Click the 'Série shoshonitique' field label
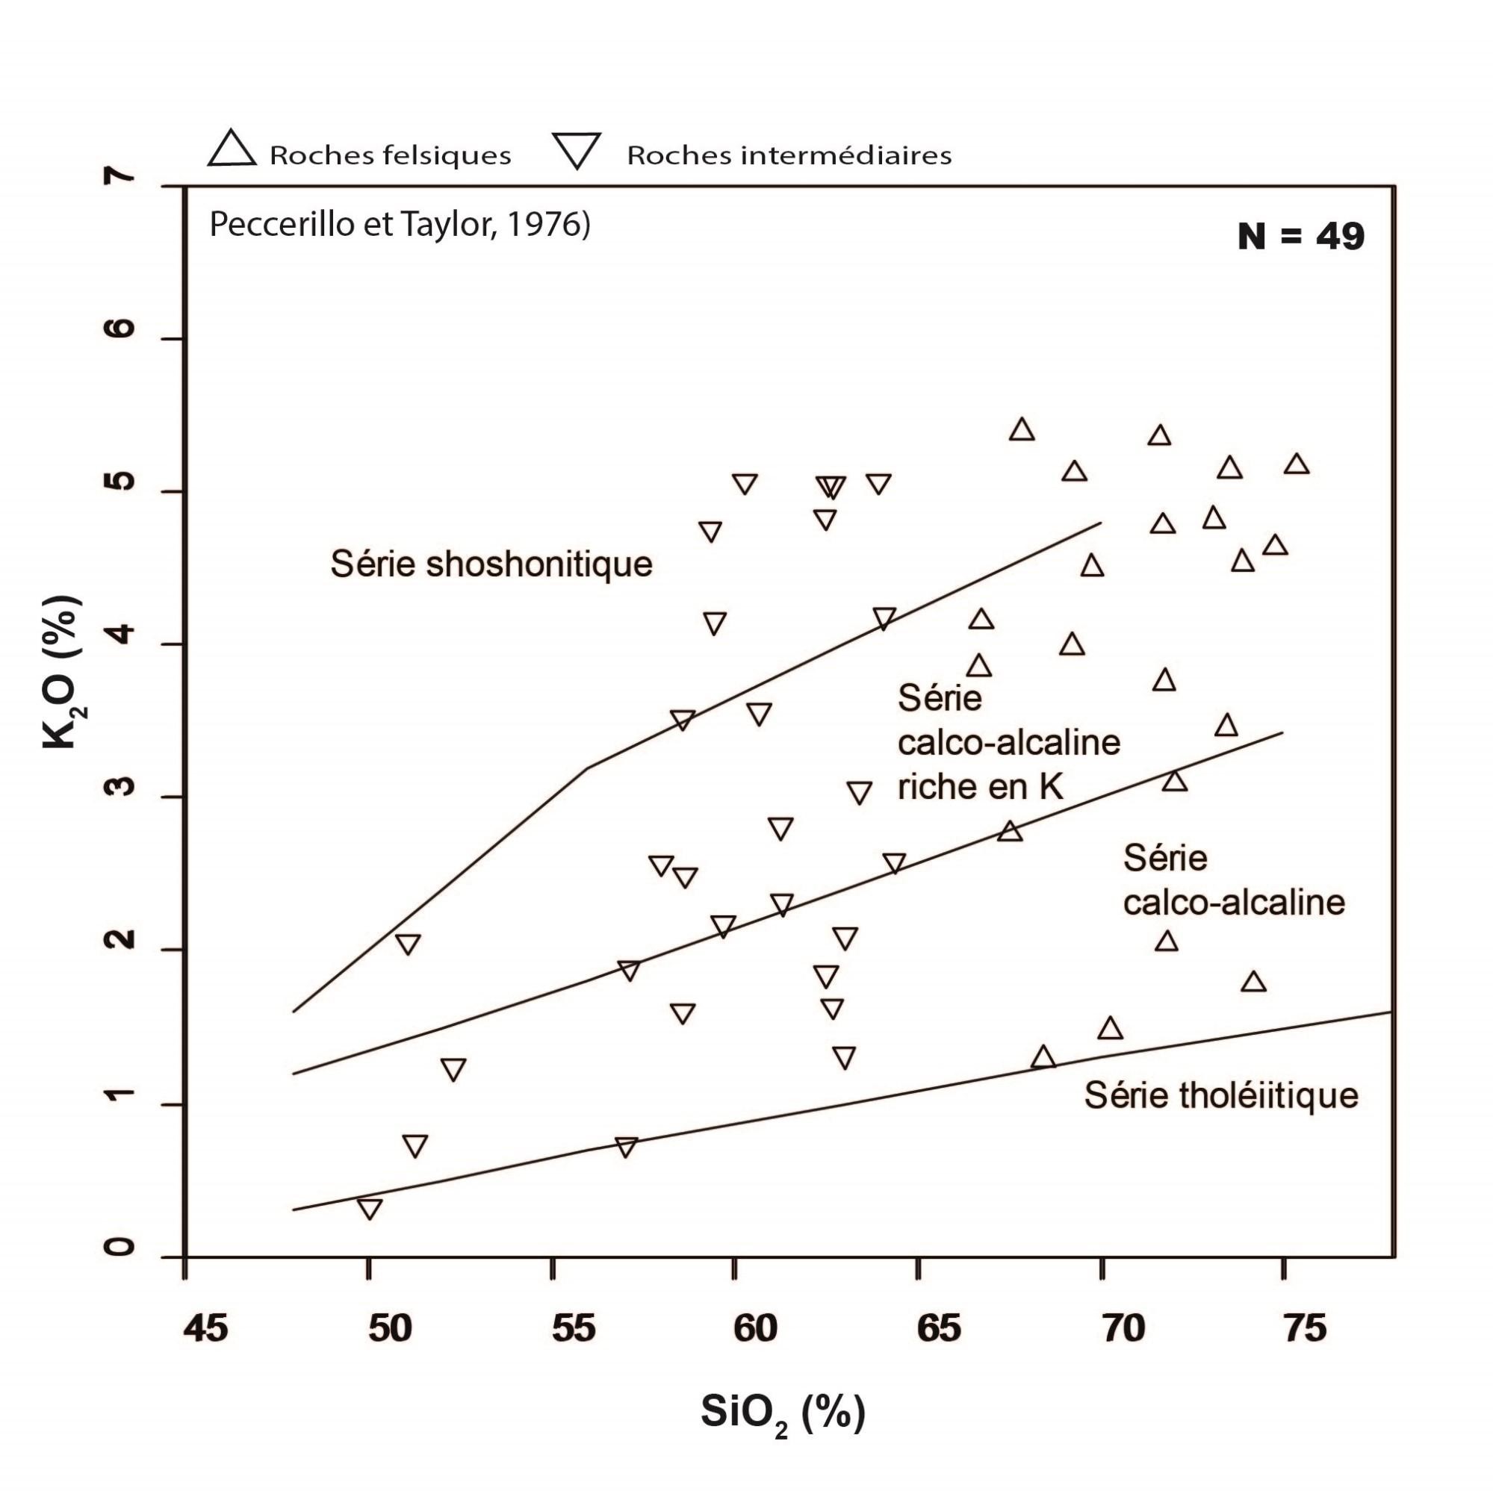click(x=491, y=564)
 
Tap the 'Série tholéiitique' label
click(x=1220, y=1095)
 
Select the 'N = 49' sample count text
click(x=1300, y=237)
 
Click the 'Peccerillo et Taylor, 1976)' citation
click(x=400, y=225)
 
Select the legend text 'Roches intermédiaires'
click(x=788, y=156)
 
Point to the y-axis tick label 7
click(x=120, y=178)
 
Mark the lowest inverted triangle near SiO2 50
click(x=370, y=1208)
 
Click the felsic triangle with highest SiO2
click(x=1297, y=464)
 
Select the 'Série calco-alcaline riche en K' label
click(x=1008, y=743)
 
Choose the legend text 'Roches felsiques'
click(x=391, y=156)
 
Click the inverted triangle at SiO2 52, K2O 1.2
click(x=453, y=1069)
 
